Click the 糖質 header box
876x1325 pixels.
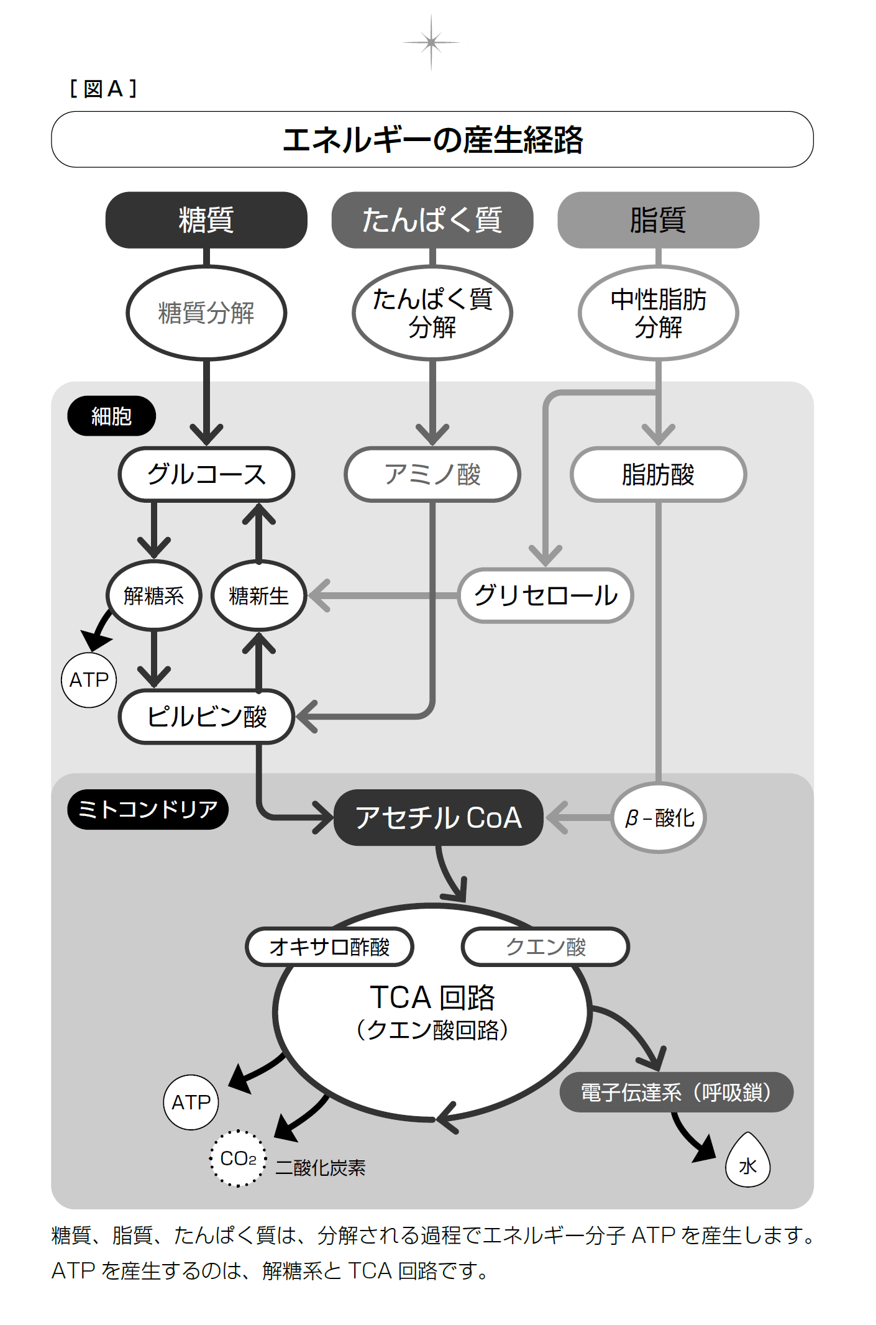206,220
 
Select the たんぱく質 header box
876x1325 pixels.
432,220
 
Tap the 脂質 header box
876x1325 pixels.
658,220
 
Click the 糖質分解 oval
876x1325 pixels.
206,313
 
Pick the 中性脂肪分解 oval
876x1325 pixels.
658,313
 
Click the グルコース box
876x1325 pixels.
206,474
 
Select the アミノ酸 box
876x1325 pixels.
432,474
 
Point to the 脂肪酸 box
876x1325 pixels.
658,474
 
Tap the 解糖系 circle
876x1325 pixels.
154,595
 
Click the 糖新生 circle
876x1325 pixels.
259,595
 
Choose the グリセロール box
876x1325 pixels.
545,595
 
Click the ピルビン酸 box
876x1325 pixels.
206,717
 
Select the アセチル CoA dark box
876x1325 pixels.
439,817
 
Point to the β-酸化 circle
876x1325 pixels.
659,817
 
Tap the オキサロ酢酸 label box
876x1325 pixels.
329,947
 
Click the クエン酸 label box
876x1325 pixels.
545,947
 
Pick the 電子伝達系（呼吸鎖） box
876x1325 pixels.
676,1092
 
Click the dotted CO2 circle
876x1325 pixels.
238,1158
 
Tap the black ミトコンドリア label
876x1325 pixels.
148,809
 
